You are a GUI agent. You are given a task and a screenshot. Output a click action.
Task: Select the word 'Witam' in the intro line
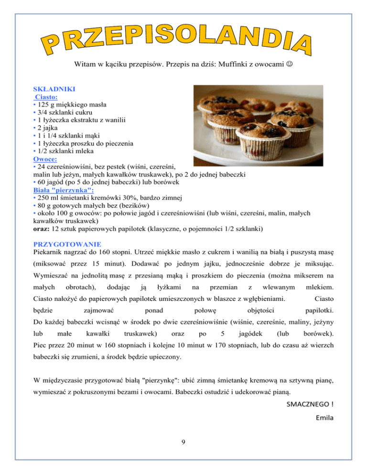tap(85, 64)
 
